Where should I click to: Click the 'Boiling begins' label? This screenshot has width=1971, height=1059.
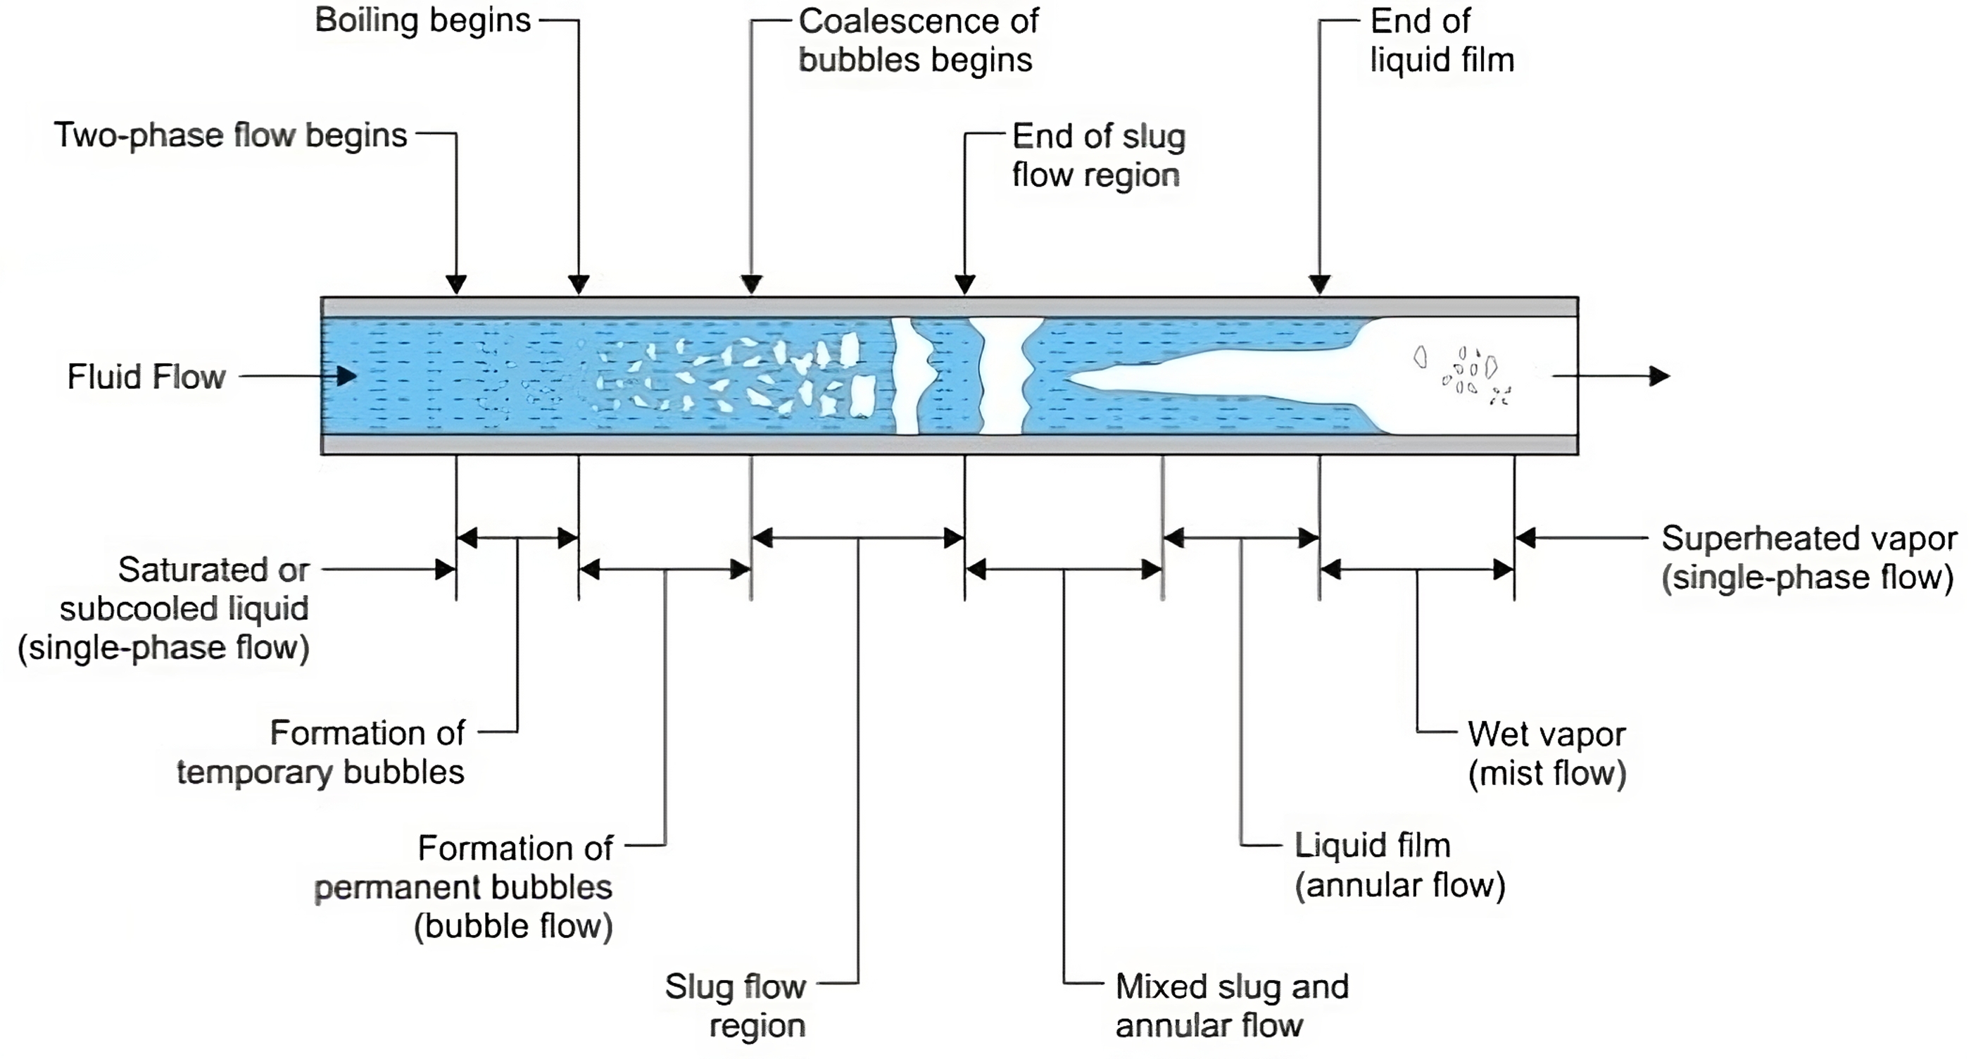click(422, 20)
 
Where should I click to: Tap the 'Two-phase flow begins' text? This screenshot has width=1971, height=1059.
click(230, 135)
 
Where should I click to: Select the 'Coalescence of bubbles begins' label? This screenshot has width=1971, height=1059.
click(917, 41)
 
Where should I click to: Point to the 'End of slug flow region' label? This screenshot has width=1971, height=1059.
click(1098, 156)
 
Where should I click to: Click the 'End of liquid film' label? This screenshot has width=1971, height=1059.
click(1442, 41)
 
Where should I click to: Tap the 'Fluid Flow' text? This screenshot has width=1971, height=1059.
click(146, 377)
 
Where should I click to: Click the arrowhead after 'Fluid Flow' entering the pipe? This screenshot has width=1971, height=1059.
click(346, 377)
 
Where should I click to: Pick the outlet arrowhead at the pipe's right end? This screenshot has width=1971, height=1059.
click(1659, 377)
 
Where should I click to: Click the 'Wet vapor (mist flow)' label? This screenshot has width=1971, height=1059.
click(1547, 753)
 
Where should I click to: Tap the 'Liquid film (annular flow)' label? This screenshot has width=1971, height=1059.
click(1399, 865)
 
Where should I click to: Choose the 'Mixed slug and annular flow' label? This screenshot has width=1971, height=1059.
click(1231, 1006)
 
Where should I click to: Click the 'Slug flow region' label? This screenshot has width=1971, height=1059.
click(736, 1006)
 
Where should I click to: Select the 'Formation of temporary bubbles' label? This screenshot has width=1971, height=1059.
click(320, 753)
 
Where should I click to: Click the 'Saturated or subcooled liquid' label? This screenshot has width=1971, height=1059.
click(165, 609)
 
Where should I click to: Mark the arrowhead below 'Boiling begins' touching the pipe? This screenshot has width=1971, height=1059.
click(579, 284)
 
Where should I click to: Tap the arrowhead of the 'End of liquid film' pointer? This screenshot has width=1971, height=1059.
click(1320, 284)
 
